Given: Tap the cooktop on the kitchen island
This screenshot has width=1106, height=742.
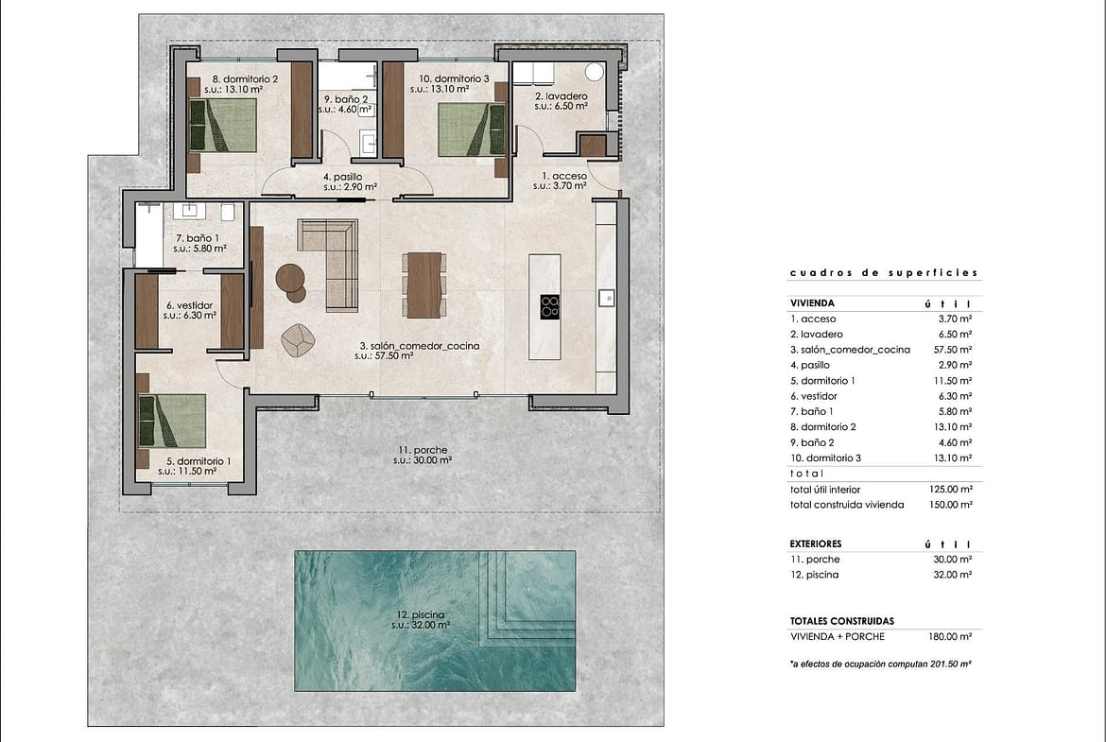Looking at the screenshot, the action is pyautogui.click(x=550, y=307).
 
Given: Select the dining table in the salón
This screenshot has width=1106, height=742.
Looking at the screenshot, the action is pyautogui.click(x=423, y=285).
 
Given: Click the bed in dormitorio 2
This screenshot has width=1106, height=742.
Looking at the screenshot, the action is pyautogui.click(x=223, y=126).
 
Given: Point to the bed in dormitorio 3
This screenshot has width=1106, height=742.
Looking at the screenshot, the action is pyautogui.click(x=472, y=129).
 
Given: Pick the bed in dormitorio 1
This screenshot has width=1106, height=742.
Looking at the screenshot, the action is pyautogui.click(x=172, y=421).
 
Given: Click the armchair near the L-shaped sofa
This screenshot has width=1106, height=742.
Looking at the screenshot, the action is pyautogui.click(x=298, y=339).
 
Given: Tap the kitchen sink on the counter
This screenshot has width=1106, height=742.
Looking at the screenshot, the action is pyautogui.click(x=607, y=298).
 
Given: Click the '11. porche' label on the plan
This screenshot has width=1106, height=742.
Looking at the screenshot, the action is pyautogui.click(x=423, y=450).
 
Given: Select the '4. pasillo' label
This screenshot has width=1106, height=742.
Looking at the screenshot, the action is pyautogui.click(x=343, y=177).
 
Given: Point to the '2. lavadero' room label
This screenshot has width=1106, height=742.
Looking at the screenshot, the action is pyautogui.click(x=561, y=95).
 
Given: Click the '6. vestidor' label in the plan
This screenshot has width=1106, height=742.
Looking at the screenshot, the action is pyautogui.click(x=189, y=305).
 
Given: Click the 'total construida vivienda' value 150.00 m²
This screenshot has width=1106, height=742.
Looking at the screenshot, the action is pyautogui.click(x=951, y=505).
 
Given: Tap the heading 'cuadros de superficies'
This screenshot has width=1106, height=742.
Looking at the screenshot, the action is pyautogui.click(x=885, y=273).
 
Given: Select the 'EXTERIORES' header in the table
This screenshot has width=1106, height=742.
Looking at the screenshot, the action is pyautogui.click(x=816, y=544).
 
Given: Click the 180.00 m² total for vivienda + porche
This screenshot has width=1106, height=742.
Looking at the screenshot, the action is pyautogui.click(x=951, y=637).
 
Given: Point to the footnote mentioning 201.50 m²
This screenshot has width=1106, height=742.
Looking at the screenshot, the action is pyautogui.click(x=881, y=664).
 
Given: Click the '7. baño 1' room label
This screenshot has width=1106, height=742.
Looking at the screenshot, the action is pyautogui.click(x=197, y=238).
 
